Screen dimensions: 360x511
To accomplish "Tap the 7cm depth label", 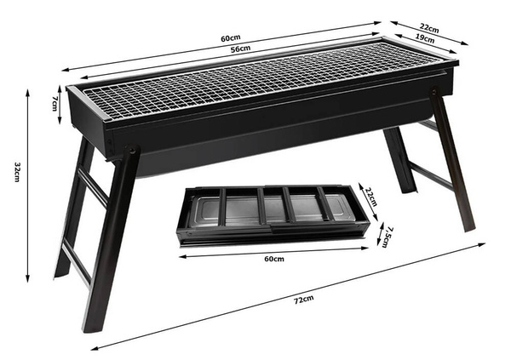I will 55,102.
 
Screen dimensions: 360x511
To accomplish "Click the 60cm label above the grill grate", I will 229,38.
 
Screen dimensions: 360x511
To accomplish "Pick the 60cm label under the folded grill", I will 273,258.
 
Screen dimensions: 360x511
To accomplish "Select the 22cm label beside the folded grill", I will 370,196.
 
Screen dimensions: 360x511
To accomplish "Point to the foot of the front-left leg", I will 89,327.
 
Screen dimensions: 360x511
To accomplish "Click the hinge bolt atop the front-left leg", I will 132,152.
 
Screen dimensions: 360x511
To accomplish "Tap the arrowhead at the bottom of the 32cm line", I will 28,277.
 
